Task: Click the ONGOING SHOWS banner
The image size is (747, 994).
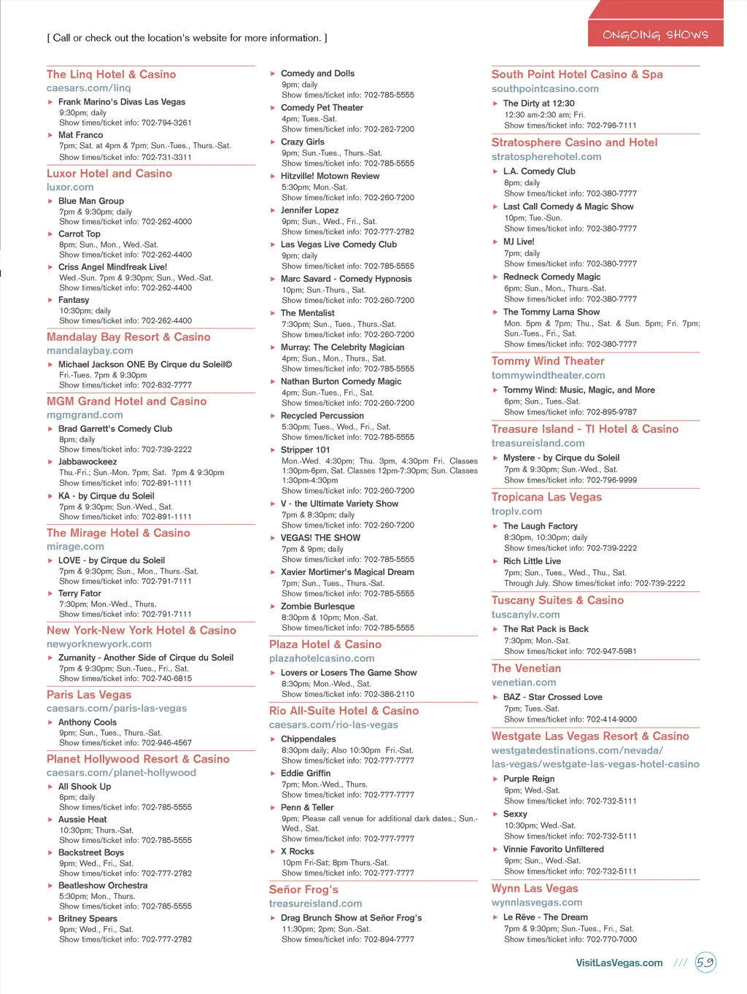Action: tap(655, 34)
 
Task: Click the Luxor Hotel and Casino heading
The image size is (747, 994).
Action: tap(109, 174)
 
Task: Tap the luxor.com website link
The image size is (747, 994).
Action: tap(70, 188)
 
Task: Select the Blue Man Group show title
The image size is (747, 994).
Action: tap(91, 201)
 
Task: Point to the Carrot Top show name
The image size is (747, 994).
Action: tap(80, 234)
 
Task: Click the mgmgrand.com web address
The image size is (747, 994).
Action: tap(85, 415)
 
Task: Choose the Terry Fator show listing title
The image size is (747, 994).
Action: tap(80, 594)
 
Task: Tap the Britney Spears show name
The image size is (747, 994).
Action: tap(88, 919)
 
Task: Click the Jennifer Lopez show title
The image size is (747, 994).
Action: tap(309, 210)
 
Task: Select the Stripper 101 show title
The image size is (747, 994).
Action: tap(305, 450)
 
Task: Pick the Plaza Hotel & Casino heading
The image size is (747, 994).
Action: tap(325, 644)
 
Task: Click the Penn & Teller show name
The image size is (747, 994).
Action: tap(307, 808)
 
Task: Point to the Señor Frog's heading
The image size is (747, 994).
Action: tap(303, 890)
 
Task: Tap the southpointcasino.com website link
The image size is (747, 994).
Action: tap(545, 89)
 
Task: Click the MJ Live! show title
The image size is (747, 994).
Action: tap(519, 242)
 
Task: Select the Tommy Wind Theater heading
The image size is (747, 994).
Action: tap(548, 361)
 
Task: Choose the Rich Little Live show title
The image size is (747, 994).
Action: tap(532, 561)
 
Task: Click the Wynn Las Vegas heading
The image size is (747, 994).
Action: tap(535, 889)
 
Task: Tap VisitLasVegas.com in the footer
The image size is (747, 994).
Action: tap(619, 963)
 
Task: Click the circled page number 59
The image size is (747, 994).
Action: tap(705, 963)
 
